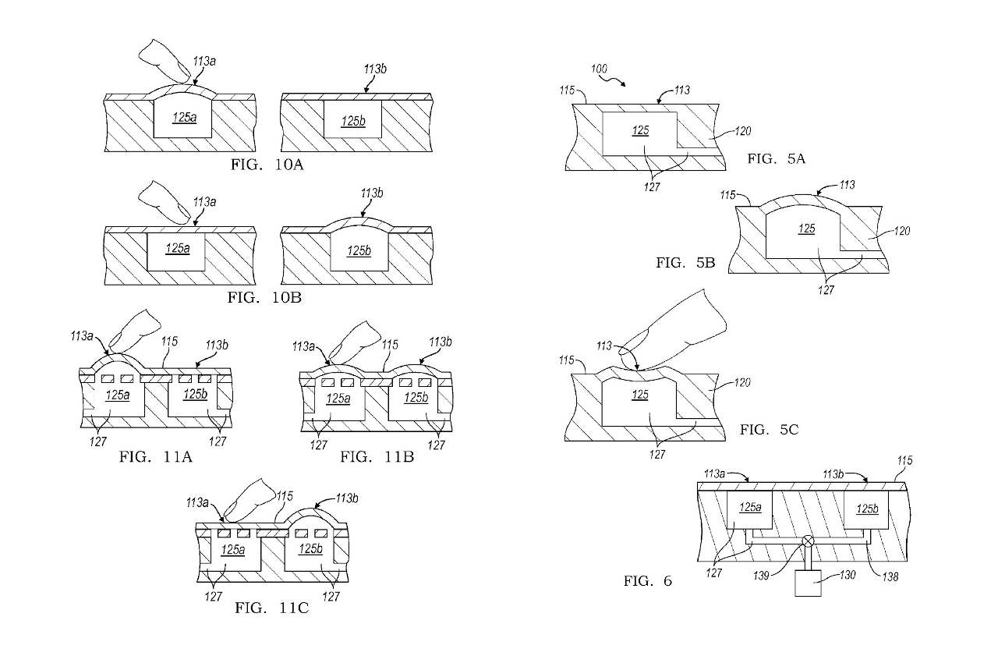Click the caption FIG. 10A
point(267,165)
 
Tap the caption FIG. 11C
point(272,608)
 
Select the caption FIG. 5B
point(685,263)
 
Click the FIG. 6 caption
point(647,581)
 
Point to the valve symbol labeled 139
point(808,541)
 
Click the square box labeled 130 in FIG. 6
point(809,583)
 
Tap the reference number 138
point(890,576)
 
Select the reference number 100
point(599,69)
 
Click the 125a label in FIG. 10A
point(185,118)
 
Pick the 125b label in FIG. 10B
point(359,251)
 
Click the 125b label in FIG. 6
point(867,509)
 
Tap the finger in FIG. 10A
point(164,62)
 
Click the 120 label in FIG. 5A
point(743,131)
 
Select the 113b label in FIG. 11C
point(347,498)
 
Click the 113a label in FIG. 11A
point(82,335)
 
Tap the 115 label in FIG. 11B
point(390,345)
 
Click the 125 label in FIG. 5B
point(807,229)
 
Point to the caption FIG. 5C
point(769,430)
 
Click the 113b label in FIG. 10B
point(372,193)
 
